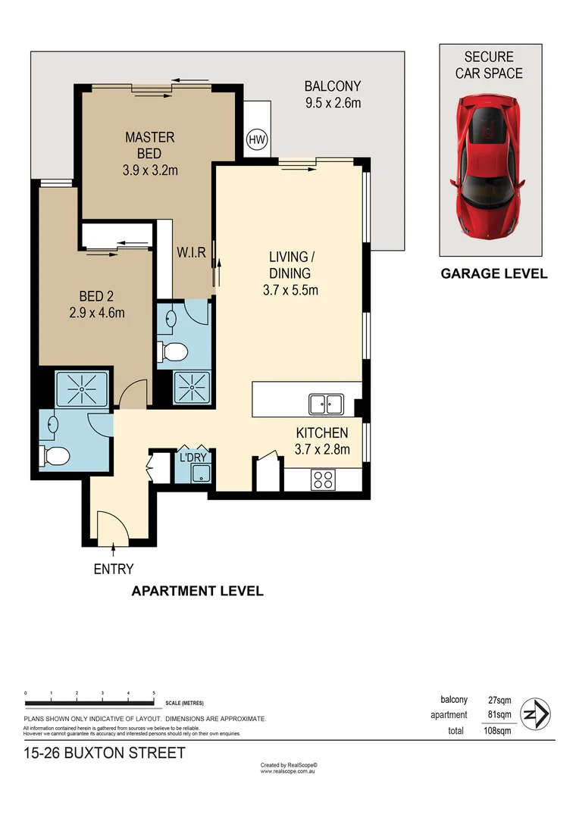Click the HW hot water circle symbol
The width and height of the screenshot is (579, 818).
click(256, 139)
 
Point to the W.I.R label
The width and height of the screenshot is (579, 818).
click(192, 252)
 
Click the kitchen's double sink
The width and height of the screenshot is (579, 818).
click(326, 404)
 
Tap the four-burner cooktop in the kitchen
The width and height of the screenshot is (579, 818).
click(324, 479)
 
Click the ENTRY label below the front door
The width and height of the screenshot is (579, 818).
click(114, 569)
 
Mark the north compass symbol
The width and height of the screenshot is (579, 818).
click(536, 713)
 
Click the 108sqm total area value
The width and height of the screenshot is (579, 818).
click(497, 731)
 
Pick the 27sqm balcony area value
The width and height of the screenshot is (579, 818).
click(499, 700)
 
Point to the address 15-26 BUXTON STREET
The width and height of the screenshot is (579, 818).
click(105, 753)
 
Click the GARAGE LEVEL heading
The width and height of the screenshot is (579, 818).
click(494, 274)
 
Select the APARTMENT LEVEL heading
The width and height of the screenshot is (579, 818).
click(198, 591)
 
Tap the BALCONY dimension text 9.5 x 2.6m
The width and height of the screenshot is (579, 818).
click(333, 102)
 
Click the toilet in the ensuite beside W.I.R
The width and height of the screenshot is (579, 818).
click(174, 351)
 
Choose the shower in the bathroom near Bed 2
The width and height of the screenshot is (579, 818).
click(82, 389)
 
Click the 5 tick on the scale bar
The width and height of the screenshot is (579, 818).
click(154, 693)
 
